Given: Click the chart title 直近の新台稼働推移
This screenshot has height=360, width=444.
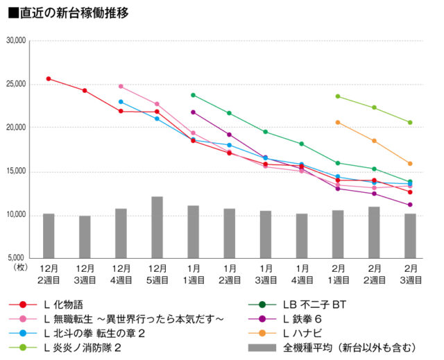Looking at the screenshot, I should click(70, 12).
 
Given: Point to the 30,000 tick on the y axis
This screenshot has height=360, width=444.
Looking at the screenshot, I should click(15, 41).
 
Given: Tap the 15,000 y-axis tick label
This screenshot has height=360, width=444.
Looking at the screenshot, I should click(15, 171).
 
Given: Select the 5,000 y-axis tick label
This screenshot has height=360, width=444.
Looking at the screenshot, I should click(15, 258).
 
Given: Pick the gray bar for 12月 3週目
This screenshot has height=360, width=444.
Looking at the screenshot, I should click(85, 237).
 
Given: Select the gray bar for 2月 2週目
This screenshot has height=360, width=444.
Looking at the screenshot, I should click(374, 232).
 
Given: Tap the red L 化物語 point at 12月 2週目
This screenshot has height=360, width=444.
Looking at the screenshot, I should click(49, 78).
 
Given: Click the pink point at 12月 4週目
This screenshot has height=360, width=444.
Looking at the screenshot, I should click(121, 87).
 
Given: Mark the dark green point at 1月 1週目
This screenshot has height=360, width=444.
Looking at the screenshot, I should click(193, 95).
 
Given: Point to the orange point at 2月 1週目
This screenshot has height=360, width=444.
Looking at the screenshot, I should click(338, 122).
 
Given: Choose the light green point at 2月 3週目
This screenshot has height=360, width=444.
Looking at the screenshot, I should click(410, 123).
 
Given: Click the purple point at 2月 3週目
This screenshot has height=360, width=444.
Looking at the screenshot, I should click(410, 205).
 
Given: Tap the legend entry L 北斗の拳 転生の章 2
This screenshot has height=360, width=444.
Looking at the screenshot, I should click(93, 334).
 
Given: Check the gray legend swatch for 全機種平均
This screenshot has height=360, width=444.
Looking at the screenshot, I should click(259, 348).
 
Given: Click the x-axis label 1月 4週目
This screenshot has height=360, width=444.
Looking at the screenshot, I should click(302, 273).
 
